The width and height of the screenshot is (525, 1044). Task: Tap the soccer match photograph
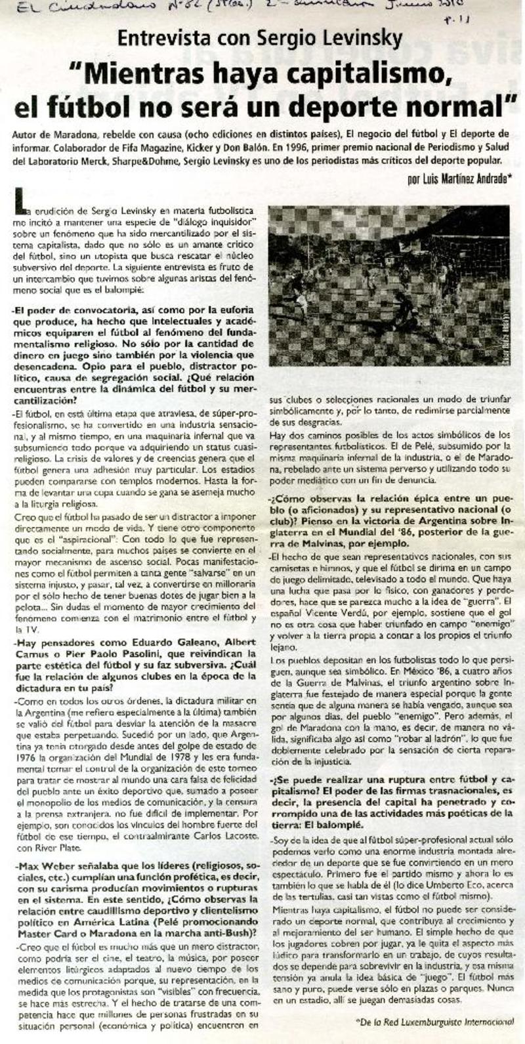pos(388,276)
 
